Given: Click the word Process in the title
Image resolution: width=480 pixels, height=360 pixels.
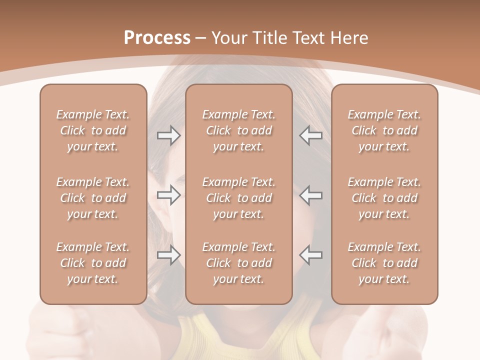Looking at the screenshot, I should pos(157,37).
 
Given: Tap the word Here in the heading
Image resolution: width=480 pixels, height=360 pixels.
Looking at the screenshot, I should pos(349,37).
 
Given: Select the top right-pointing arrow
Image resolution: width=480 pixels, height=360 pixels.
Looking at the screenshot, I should pos(168,135).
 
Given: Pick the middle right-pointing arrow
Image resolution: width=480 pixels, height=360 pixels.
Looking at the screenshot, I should pos(168,195).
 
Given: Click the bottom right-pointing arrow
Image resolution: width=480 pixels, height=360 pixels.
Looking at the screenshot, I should pos(168,254).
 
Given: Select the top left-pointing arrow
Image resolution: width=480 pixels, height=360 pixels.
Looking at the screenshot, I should pos(311,135).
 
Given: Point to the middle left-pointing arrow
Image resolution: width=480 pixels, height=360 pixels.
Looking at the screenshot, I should pos(311,195).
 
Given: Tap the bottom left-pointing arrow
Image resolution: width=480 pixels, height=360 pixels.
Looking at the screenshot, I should pos(311,254).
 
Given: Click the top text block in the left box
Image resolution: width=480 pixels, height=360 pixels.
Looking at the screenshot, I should pos(93,130).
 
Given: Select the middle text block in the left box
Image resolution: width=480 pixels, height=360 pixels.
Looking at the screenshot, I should pos(93,198).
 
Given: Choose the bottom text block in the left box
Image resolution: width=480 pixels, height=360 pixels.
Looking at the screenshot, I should pos(93,263).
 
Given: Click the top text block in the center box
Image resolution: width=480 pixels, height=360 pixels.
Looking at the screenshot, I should pos(239,130).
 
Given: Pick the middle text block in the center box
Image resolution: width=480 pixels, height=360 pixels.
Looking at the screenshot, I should pos(239,198).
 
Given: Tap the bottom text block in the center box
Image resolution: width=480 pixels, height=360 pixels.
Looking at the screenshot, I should pos(239,263).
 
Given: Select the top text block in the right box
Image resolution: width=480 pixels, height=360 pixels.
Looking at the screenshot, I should pos(384,130).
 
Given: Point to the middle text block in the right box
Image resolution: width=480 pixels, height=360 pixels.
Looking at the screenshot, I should pos(384,198).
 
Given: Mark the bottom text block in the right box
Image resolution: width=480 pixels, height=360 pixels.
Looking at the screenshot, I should pos(384,263).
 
